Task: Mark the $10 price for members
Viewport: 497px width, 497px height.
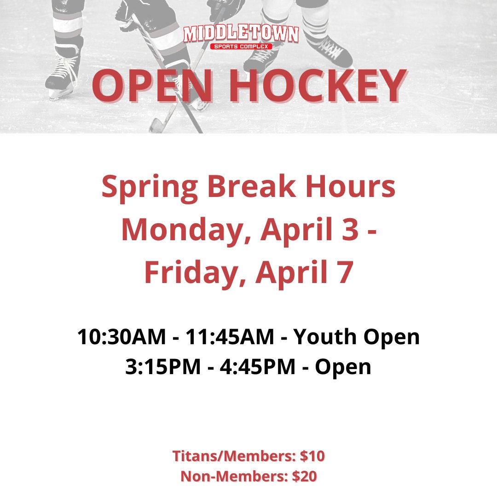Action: pyautogui.click(x=312, y=456)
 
